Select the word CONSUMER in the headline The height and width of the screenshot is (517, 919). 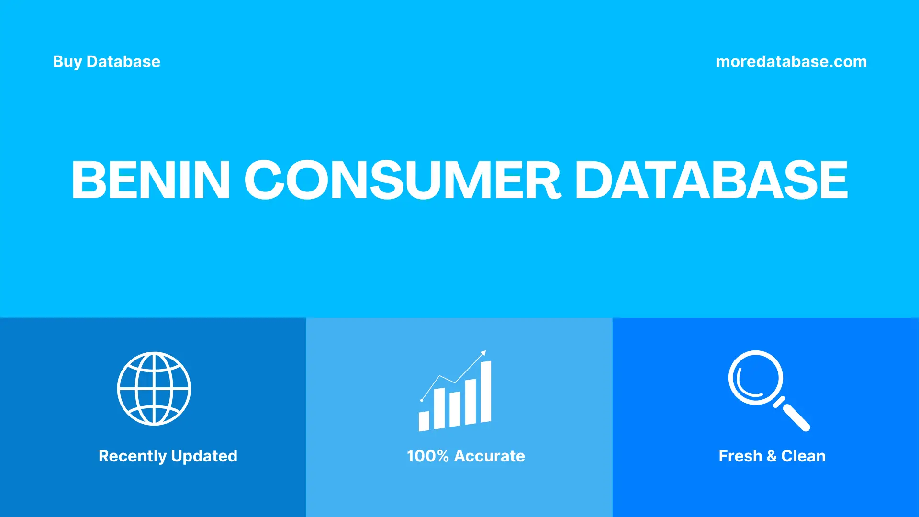click(x=402, y=180)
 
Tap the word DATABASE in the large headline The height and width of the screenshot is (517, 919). click(x=711, y=180)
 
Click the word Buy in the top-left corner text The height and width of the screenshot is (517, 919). click(x=67, y=62)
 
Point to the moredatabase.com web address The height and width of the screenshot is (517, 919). click(x=791, y=62)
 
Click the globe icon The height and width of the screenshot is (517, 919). click(x=154, y=389)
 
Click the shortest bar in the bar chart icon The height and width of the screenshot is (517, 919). click(x=424, y=421)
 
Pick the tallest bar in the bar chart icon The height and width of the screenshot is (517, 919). click(x=486, y=392)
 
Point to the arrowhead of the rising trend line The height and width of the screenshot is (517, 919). click(x=483, y=353)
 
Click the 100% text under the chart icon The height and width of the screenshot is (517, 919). click(x=427, y=456)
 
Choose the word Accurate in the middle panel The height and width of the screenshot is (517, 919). click(x=489, y=456)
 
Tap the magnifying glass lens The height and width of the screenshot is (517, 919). click(x=756, y=378)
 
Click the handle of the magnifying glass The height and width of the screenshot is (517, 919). click(x=796, y=416)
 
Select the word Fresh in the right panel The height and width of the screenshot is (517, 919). click(x=740, y=456)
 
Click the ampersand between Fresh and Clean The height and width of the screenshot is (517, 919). click(x=772, y=456)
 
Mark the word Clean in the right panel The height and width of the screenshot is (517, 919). click(x=803, y=456)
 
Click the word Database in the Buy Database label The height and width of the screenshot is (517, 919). click(x=123, y=62)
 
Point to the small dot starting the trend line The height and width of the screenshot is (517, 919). click(x=422, y=400)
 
